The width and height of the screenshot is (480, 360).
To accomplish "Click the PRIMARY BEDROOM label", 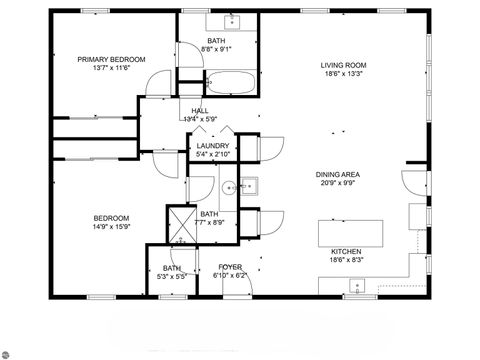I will (111, 59).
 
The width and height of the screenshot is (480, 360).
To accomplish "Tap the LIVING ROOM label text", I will (341, 66).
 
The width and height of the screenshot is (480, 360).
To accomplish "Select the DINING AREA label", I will (338, 174).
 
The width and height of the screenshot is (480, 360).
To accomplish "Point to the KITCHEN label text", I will (346, 251).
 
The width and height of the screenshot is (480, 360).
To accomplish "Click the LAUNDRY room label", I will (213, 146).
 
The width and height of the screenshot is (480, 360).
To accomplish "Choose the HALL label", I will (200, 110).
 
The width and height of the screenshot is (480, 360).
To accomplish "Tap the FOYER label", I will (231, 267).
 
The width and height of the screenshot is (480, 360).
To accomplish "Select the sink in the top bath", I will (231, 22).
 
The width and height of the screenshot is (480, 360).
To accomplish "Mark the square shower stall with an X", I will (181, 224).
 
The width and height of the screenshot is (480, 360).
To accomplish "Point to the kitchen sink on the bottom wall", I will (356, 288).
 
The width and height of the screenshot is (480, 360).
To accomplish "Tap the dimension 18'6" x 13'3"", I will (341, 75).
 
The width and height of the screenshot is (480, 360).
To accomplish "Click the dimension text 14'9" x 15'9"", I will (111, 226).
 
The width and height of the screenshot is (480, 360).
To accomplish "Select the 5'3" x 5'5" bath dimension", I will (172, 275).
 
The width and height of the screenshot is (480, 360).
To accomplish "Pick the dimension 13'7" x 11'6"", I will (111, 68).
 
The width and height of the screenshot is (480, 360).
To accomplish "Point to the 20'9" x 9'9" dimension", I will (338, 183).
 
